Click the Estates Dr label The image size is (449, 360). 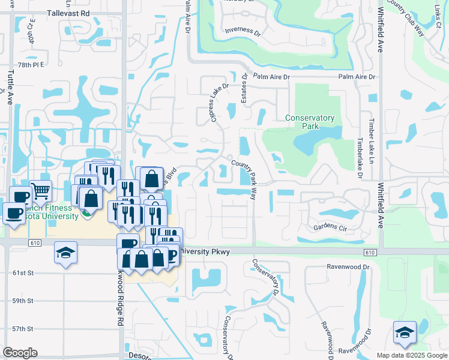[244, 88]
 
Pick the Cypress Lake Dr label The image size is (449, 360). [220, 103]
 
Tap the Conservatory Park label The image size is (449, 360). [309, 122]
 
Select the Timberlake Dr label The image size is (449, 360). [360, 158]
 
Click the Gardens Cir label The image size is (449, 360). [331, 227]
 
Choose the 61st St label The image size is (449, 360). [23, 272]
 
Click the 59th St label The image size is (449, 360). [23, 301]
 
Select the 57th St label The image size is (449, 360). [23, 329]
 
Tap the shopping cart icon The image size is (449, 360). [41, 191]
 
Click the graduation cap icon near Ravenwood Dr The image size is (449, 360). [405, 333]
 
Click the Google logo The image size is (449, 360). [20, 353]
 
